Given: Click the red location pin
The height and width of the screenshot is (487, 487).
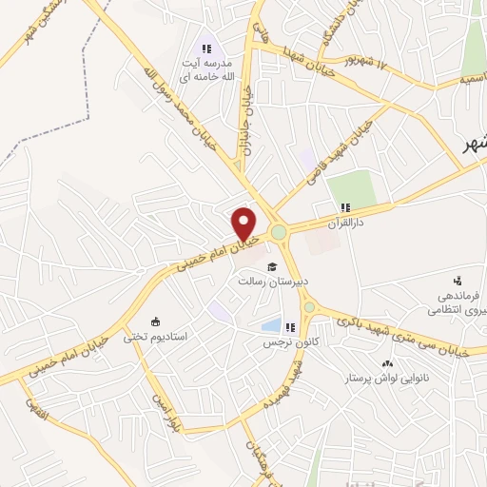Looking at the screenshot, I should pyautogui.click(x=244, y=223).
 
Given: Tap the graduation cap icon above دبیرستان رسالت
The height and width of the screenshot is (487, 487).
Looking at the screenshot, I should pyautogui.click(x=272, y=266).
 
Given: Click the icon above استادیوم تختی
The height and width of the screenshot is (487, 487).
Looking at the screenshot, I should pyautogui.click(x=155, y=321).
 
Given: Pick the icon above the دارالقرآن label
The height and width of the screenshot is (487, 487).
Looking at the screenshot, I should pyautogui.click(x=344, y=206).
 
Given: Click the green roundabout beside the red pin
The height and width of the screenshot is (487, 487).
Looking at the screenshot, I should pyautogui.click(x=279, y=232).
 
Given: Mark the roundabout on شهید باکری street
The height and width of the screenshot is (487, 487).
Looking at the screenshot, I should pyautogui.click(x=309, y=307).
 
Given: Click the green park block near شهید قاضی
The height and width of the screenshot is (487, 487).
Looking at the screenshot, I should pyautogui.click(x=354, y=187).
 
